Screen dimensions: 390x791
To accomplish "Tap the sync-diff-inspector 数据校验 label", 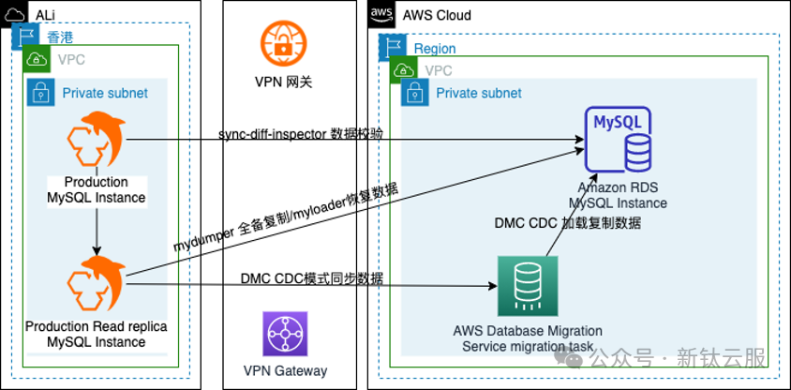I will coord(300,134).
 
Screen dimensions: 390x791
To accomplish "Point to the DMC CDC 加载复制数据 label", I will coord(568,223).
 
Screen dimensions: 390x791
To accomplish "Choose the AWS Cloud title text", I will coord(437,15).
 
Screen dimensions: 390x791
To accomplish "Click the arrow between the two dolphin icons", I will coord(97,230).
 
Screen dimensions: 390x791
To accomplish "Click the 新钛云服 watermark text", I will coord(721,358).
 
